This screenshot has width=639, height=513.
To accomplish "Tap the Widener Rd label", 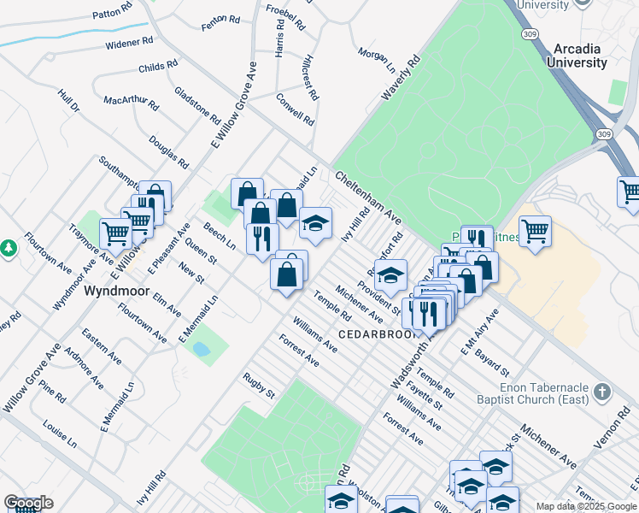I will (x=129, y=40).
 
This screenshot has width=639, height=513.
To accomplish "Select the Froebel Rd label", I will (x=285, y=16).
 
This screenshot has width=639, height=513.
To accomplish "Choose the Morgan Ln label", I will (x=377, y=59).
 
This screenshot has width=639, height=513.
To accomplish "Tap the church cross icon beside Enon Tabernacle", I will (x=603, y=392).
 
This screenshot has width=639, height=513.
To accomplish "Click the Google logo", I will (x=28, y=503).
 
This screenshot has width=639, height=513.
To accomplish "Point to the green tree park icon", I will (x=9, y=248).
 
